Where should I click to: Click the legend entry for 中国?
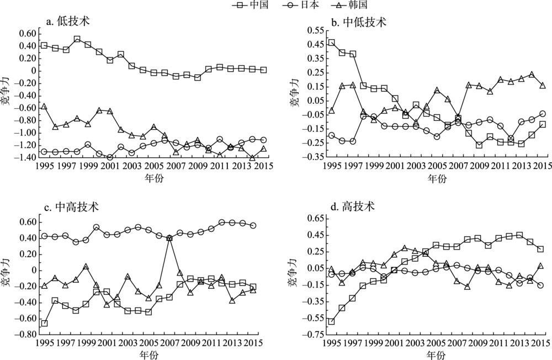255,6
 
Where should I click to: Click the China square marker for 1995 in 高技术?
331,321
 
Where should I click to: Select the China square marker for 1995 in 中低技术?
331,43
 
